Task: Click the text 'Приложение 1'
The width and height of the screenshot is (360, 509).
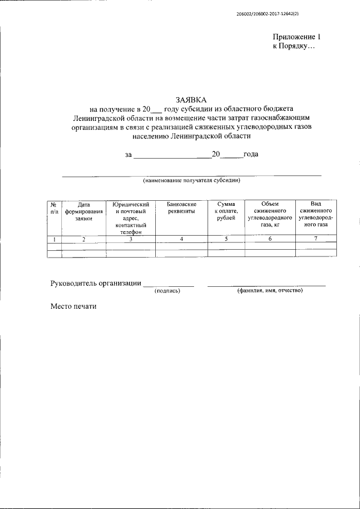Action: pos(297,37)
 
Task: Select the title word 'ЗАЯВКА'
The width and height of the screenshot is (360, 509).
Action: pos(191,100)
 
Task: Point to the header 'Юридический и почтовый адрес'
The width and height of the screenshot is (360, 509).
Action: pos(130,217)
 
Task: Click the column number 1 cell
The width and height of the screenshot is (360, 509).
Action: pos(54,239)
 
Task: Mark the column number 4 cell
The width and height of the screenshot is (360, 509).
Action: pos(181,239)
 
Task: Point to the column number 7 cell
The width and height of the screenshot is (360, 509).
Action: pos(316,239)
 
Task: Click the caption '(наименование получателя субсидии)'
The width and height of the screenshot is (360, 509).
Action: pos(191,181)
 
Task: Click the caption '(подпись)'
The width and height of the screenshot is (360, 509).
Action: pos(167,291)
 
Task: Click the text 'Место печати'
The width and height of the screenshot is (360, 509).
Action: pos(74,307)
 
